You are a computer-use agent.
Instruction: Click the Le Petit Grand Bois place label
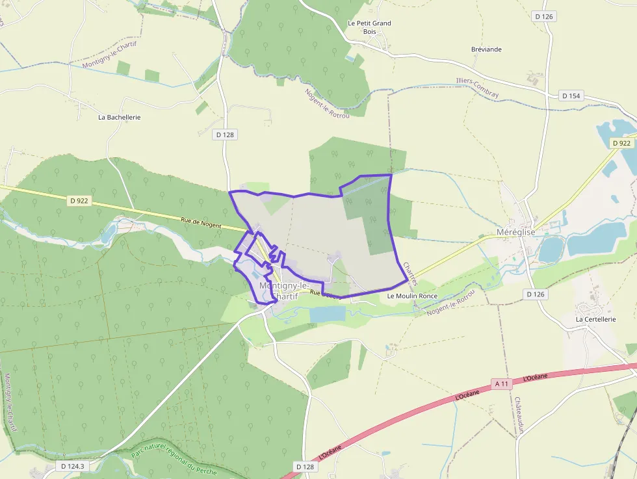click(369, 27)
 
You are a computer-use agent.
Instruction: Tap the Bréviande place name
click(486, 49)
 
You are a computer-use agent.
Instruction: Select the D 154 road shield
click(570, 96)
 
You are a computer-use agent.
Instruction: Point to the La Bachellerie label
click(119, 118)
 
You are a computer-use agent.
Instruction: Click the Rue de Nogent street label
click(201, 223)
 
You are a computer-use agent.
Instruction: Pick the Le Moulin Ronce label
click(412, 296)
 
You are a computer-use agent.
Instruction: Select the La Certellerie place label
click(595, 320)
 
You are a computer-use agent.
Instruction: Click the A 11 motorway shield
click(501, 383)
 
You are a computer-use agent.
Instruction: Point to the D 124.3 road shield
click(73, 466)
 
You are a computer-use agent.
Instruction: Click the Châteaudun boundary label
click(519, 415)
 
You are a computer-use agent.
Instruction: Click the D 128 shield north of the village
click(224, 135)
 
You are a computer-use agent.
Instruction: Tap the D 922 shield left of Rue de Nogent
click(78, 201)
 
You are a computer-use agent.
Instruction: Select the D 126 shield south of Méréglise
click(535, 294)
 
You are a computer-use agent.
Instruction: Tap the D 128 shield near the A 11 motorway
click(305, 467)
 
